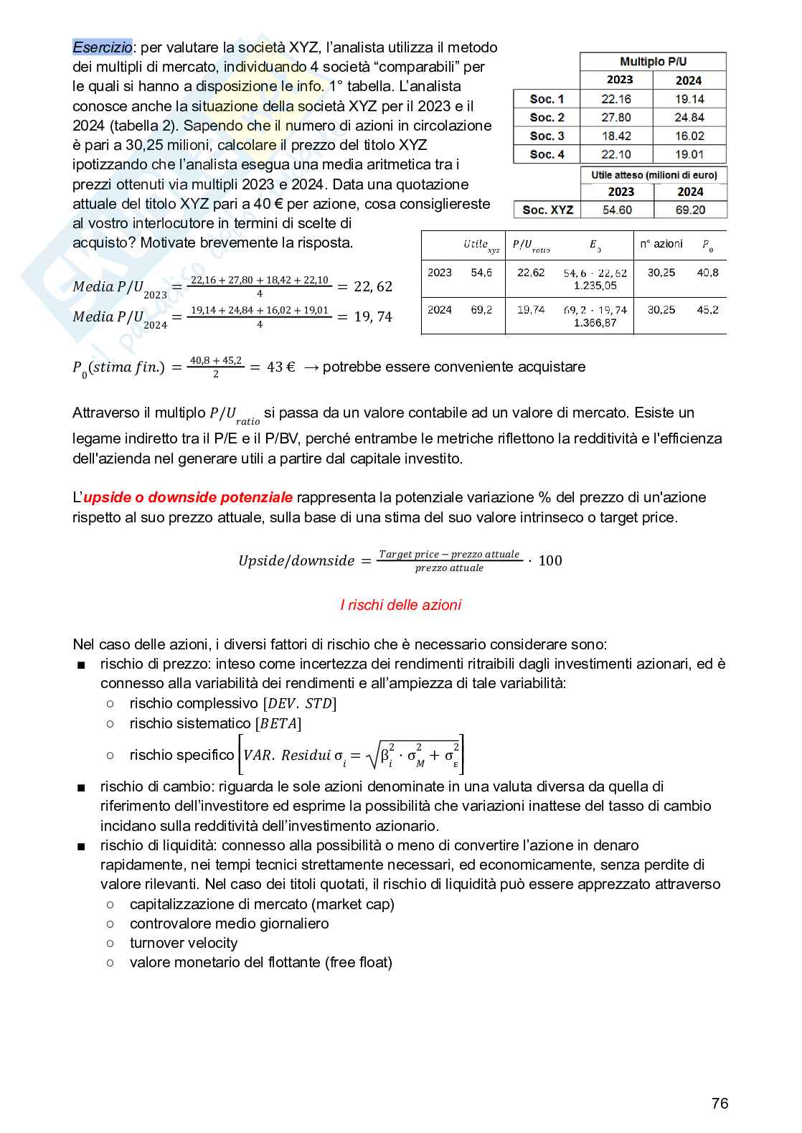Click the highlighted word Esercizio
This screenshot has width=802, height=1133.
click(x=102, y=47)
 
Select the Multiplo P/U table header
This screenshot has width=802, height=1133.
click(x=653, y=62)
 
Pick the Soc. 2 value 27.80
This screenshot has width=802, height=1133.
click(x=616, y=118)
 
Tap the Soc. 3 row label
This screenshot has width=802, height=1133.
click(x=547, y=136)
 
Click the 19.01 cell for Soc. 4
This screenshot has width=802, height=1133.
click(x=689, y=154)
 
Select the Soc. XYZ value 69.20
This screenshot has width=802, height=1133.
click(x=690, y=210)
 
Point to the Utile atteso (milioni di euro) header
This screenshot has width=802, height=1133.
click(x=654, y=175)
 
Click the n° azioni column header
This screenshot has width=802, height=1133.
click(x=661, y=244)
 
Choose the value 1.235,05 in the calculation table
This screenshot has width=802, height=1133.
click(x=595, y=286)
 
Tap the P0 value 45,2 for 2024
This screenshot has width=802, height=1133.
click(x=707, y=309)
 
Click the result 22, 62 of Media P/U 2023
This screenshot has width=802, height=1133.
click(x=373, y=287)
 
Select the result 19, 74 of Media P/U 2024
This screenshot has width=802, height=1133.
click(x=373, y=317)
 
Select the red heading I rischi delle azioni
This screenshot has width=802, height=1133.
click(x=400, y=605)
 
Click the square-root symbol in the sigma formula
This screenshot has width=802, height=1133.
click(x=371, y=756)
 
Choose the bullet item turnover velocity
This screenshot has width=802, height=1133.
click(x=184, y=943)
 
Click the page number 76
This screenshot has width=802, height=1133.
click(x=720, y=1104)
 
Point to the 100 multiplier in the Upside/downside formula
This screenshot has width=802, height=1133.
click(x=549, y=560)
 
